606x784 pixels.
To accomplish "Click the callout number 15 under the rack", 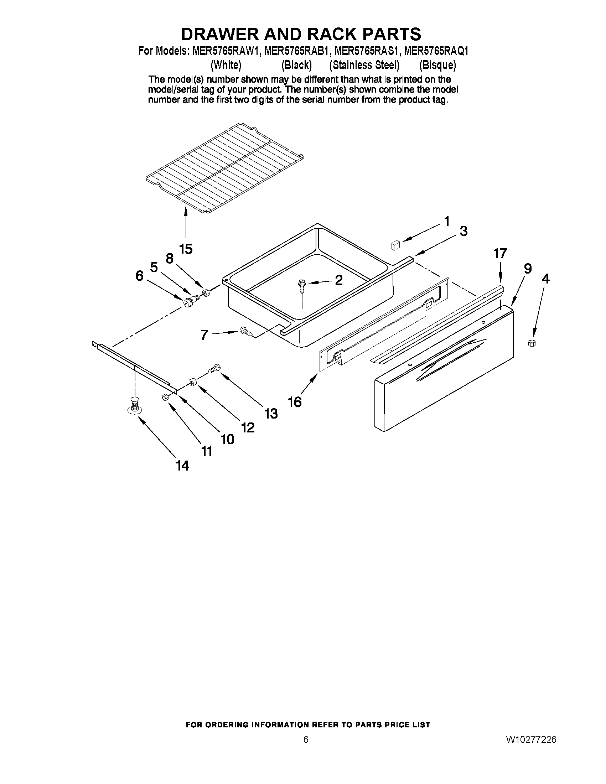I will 186,249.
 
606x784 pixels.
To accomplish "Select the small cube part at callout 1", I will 395,245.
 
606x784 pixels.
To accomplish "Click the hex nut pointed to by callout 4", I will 532,343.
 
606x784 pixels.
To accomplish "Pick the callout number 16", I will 295,402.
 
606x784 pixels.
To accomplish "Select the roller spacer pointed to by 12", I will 193,381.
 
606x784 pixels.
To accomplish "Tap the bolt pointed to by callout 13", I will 215,368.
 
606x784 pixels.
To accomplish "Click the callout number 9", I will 527,269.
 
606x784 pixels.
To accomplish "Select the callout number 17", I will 500,253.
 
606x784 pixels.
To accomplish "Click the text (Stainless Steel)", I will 364,65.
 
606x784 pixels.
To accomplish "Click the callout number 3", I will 463,232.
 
